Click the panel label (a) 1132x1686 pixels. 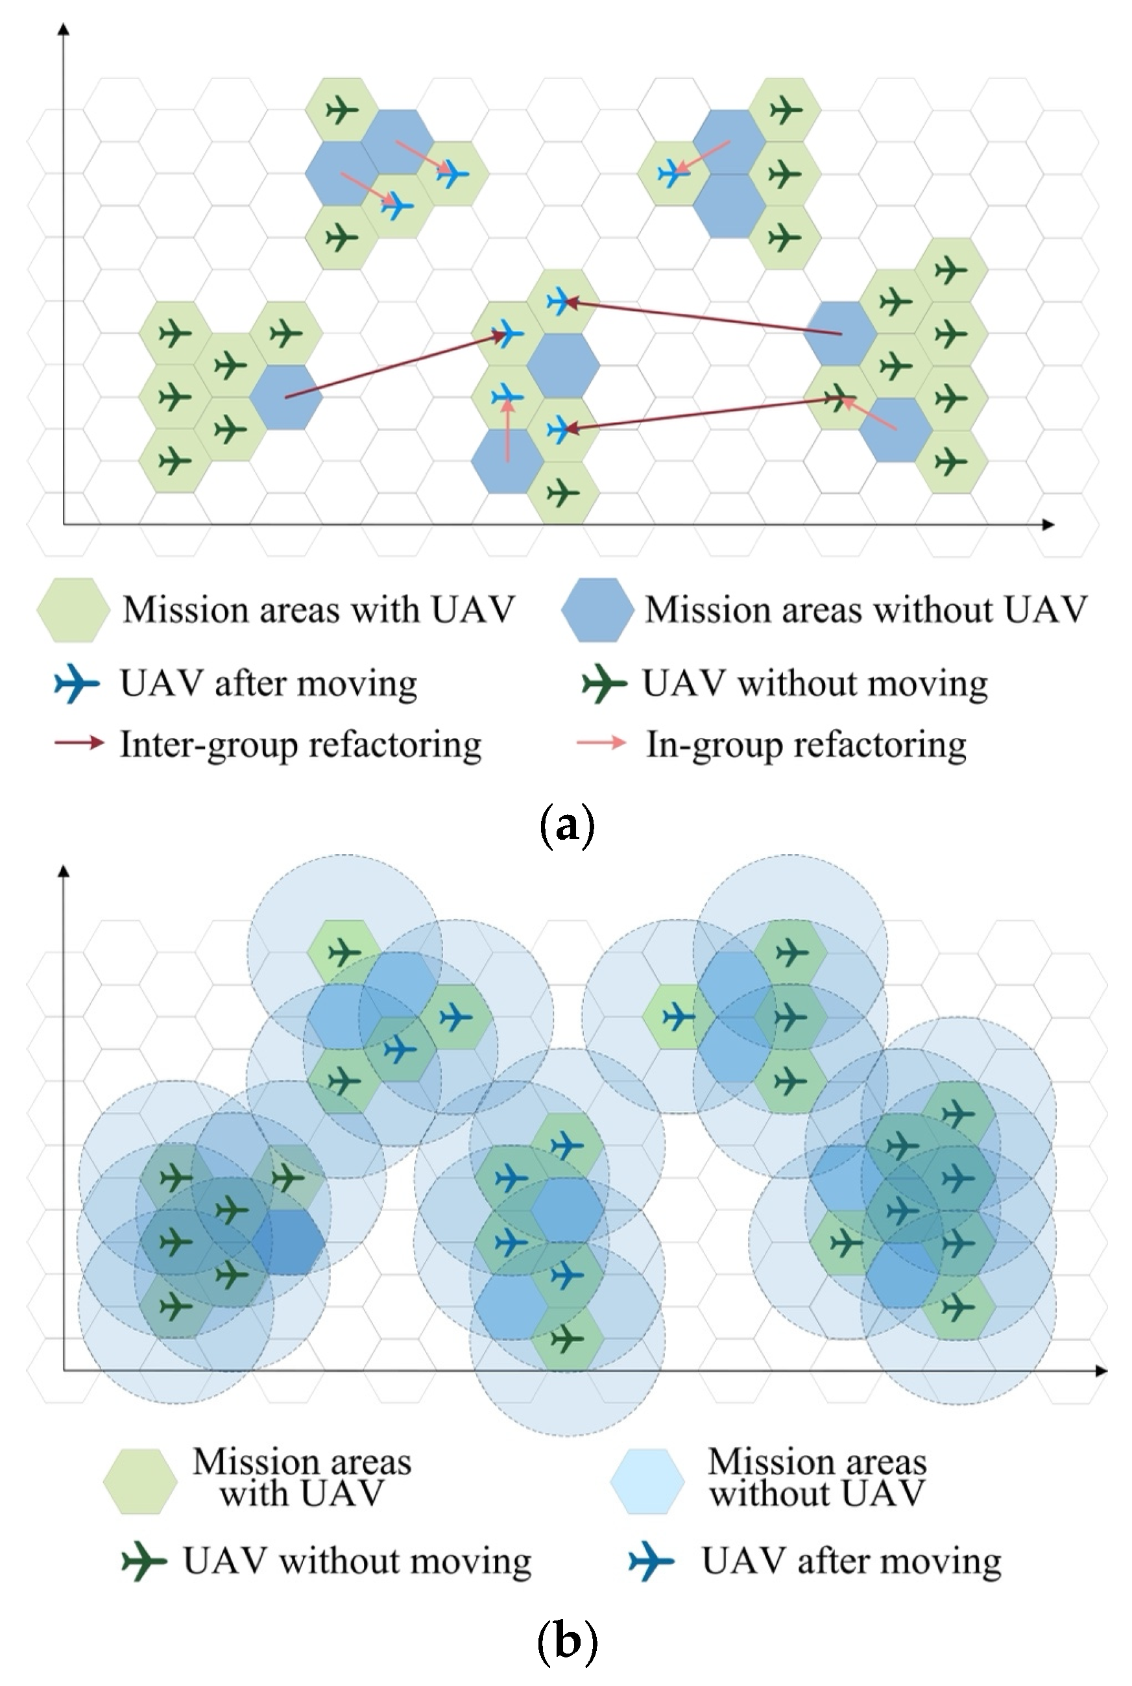567,825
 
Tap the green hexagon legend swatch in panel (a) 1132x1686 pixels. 73,610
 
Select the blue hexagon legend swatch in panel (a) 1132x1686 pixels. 596,610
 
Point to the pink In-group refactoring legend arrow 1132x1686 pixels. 601,743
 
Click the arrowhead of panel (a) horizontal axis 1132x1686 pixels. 1049,524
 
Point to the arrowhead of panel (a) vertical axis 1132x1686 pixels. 64,29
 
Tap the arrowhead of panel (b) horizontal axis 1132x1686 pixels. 1101,1370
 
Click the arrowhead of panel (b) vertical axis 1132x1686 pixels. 64,872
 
